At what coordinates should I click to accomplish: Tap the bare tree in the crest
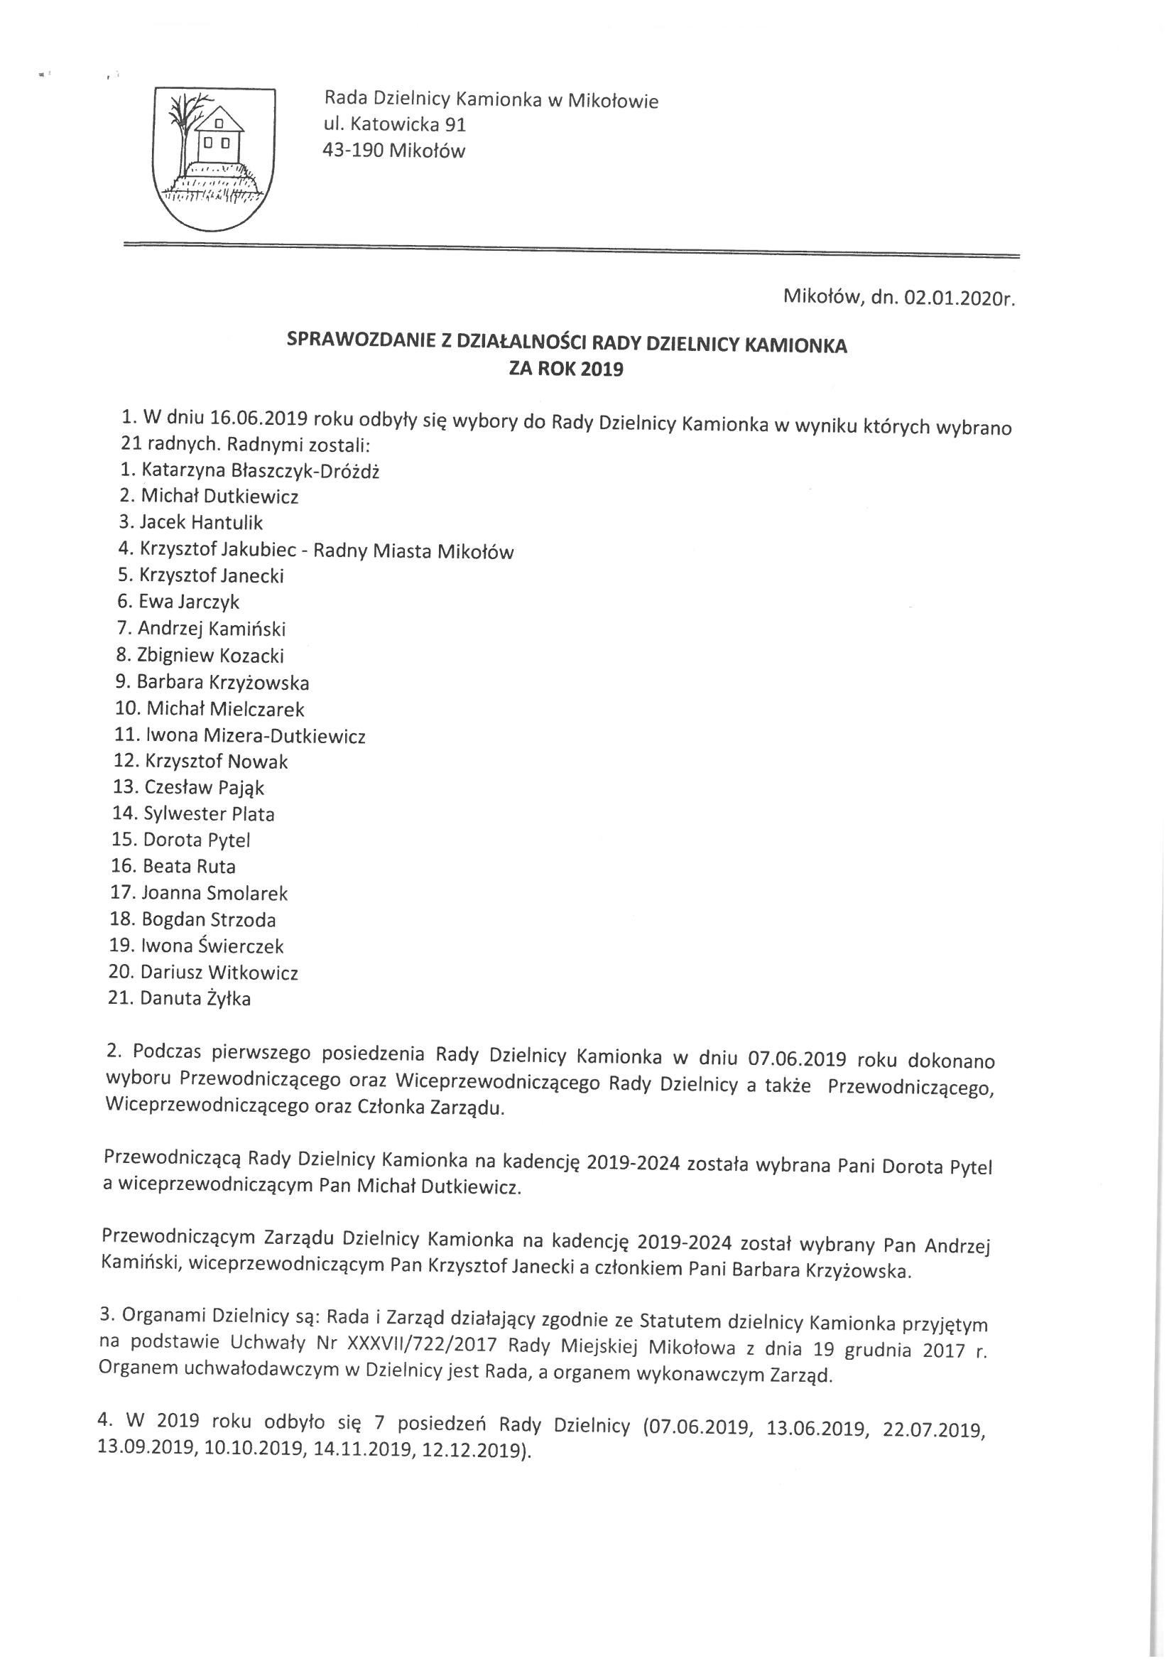[x=187, y=130]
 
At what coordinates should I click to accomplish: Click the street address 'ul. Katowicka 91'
[x=395, y=124]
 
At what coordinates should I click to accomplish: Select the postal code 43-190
[x=353, y=151]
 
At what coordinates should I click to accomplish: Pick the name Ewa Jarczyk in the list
[x=189, y=601]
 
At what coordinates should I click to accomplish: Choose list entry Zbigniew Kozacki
[x=210, y=656]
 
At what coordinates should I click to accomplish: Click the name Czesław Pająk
[x=204, y=787]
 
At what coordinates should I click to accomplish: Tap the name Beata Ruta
[x=189, y=866]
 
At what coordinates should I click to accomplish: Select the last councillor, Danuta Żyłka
[x=195, y=999]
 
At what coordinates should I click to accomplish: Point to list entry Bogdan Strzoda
[x=208, y=919]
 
